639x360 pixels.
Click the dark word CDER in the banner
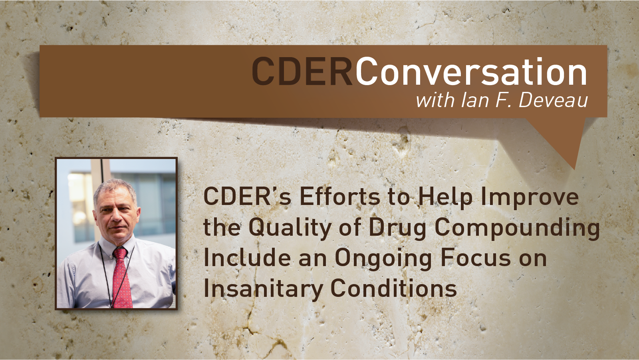pyautogui.click(x=302, y=71)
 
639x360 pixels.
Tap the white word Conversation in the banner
pyautogui.click(x=471, y=71)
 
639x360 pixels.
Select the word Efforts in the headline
pyautogui.click(x=340, y=197)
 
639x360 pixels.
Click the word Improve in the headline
pyautogui.click(x=530, y=197)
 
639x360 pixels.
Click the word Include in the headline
pyautogui.click(x=247, y=258)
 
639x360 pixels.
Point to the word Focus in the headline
pyautogui.click(x=476, y=258)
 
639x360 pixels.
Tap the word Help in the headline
pyautogui.click(x=445, y=197)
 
